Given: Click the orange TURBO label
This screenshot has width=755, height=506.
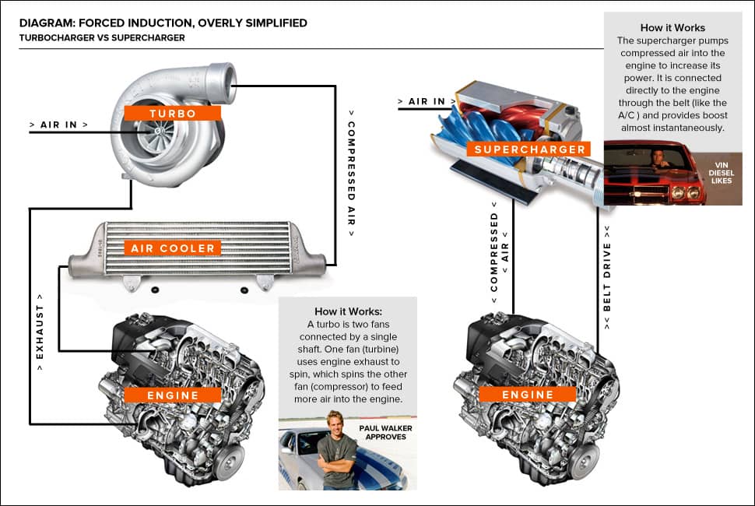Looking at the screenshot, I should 173,113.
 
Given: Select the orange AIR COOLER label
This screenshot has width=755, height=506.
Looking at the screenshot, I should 173,248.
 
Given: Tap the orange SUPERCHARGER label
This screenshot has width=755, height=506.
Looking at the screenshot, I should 529,149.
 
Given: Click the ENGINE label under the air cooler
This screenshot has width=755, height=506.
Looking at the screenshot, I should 173,395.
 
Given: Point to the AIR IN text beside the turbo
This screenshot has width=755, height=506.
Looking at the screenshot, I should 58,125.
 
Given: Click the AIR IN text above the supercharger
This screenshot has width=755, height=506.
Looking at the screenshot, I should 427,101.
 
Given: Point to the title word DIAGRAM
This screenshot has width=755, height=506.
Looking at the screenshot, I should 48,23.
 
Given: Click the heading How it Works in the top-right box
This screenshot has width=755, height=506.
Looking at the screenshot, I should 672,27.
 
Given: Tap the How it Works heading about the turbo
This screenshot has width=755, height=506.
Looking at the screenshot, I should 347,311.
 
